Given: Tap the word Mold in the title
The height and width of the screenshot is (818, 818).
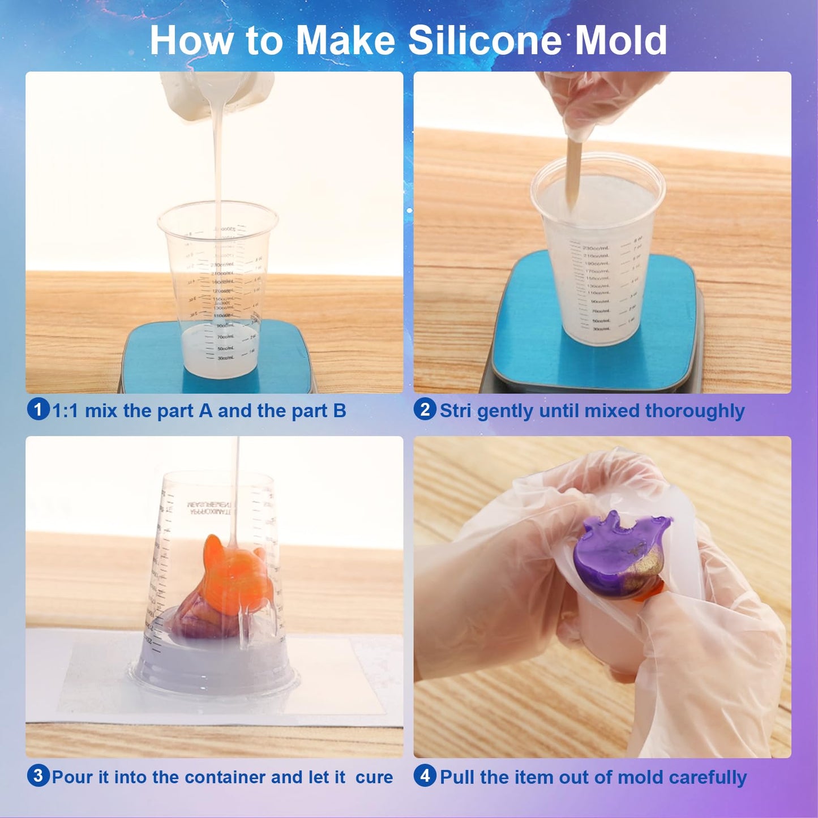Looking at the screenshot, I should pyautogui.click(x=621, y=41).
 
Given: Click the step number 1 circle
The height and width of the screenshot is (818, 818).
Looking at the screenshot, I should pyautogui.click(x=38, y=409).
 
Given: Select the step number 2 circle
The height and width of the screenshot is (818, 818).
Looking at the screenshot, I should pyautogui.click(x=425, y=409).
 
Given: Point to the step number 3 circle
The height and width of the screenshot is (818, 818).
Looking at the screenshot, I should pyautogui.click(x=38, y=776).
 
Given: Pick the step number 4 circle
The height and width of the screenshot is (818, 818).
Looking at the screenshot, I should pyautogui.click(x=425, y=776).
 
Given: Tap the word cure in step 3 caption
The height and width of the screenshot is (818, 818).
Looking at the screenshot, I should pyautogui.click(x=374, y=777).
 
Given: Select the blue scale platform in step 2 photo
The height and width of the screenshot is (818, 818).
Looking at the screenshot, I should pyautogui.click(x=594, y=351).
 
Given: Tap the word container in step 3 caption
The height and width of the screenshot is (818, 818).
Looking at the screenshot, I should pyautogui.click(x=224, y=777).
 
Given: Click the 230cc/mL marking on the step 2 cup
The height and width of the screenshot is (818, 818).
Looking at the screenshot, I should pyautogui.click(x=596, y=249).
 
